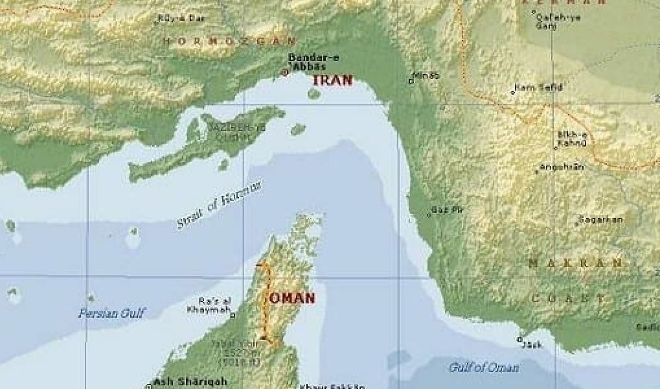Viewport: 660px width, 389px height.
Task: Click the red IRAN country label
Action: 332,80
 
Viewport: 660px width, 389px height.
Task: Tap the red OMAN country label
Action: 292,298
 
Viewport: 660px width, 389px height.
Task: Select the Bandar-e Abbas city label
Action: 313,62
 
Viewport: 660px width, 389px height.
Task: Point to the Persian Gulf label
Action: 111,314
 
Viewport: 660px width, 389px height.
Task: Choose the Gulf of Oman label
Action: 484,368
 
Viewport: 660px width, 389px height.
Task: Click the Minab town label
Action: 426,76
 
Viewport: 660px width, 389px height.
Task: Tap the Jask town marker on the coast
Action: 519,339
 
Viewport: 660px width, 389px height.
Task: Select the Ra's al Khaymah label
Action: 209,305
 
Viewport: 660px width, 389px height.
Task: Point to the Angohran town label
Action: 562,167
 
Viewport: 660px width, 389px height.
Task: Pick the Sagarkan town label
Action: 601,220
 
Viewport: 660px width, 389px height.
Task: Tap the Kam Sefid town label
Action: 538,88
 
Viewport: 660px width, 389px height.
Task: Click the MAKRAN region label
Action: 575,264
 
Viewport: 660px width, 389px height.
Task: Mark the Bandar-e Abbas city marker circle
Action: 284,73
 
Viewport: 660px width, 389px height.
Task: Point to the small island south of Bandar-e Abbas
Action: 314,93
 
